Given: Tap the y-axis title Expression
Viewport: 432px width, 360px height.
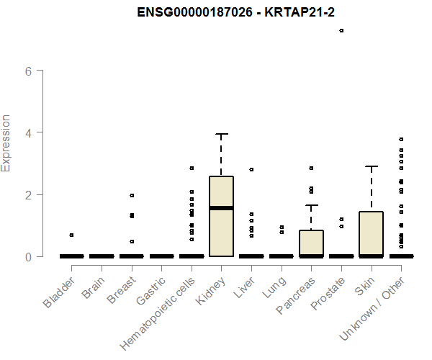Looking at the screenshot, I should pos(6,143).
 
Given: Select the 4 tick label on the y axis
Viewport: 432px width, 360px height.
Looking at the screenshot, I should pos(29,132).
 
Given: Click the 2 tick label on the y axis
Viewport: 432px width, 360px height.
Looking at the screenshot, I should pos(29,194).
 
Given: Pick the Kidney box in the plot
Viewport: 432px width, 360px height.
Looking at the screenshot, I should pos(221,216).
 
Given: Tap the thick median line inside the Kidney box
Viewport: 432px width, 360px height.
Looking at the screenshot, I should pos(221,208).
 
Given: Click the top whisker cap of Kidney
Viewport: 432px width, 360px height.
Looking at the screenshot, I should pos(221,134).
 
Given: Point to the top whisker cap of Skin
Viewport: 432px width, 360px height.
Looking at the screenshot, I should pos(371,166).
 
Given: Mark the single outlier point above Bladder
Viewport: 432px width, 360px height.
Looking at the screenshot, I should pos(71,235).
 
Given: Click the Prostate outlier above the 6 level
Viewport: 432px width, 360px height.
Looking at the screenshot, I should pos(341,30).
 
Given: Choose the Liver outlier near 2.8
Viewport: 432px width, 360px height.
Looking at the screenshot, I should pos(251,169).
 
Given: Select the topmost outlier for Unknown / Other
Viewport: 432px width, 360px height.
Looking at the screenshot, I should pos(401,139).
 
